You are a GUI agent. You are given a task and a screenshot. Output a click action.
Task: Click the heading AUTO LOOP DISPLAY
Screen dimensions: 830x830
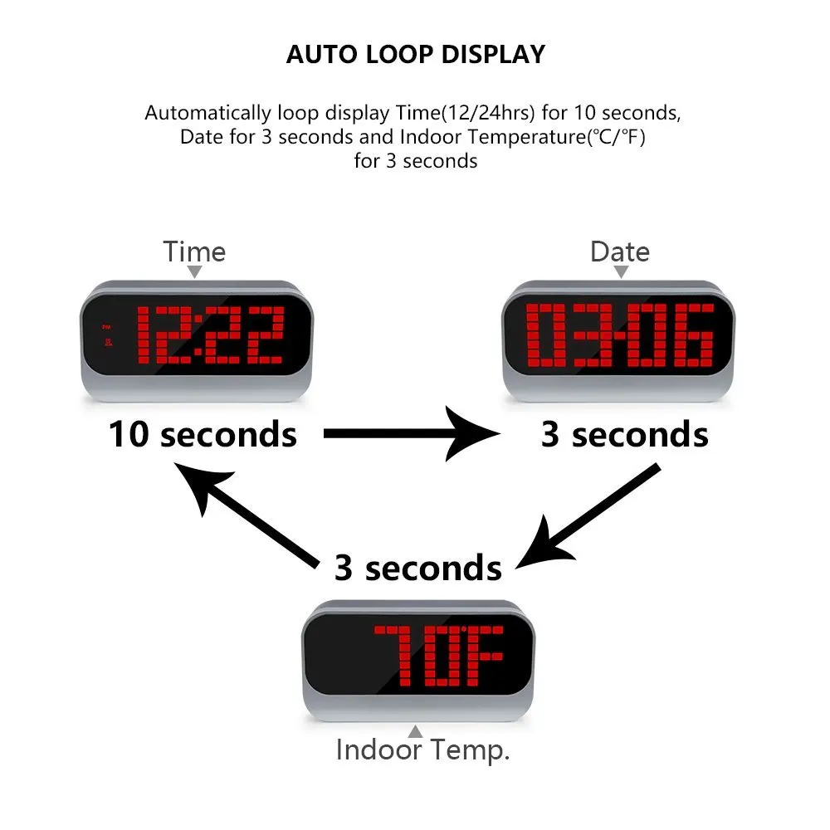coord(415,55)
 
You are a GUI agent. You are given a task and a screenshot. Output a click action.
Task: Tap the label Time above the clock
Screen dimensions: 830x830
coord(194,251)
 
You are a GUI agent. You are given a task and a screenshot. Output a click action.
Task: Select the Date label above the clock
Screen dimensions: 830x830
coord(620,251)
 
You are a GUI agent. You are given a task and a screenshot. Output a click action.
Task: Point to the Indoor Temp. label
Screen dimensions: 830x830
coord(422,750)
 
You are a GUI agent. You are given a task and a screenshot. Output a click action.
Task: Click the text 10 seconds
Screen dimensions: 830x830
coord(203,434)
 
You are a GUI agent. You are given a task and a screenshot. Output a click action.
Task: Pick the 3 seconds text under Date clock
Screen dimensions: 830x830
coord(624,434)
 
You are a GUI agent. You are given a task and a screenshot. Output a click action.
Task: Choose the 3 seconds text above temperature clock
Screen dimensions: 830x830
coord(417,568)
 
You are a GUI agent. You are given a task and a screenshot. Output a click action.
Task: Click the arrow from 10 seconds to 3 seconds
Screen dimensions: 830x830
coord(410,433)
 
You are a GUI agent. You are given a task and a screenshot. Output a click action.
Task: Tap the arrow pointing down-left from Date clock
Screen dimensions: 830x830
coord(586,516)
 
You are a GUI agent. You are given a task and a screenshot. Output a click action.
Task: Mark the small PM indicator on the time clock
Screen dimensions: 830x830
coord(105,326)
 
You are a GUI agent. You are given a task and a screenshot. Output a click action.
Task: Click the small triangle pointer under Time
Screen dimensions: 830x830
coord(194,271)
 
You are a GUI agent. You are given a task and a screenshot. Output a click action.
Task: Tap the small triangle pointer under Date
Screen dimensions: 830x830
coord(620,271)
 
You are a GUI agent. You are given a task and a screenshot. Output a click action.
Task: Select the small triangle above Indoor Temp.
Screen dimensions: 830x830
coord(416,731)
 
